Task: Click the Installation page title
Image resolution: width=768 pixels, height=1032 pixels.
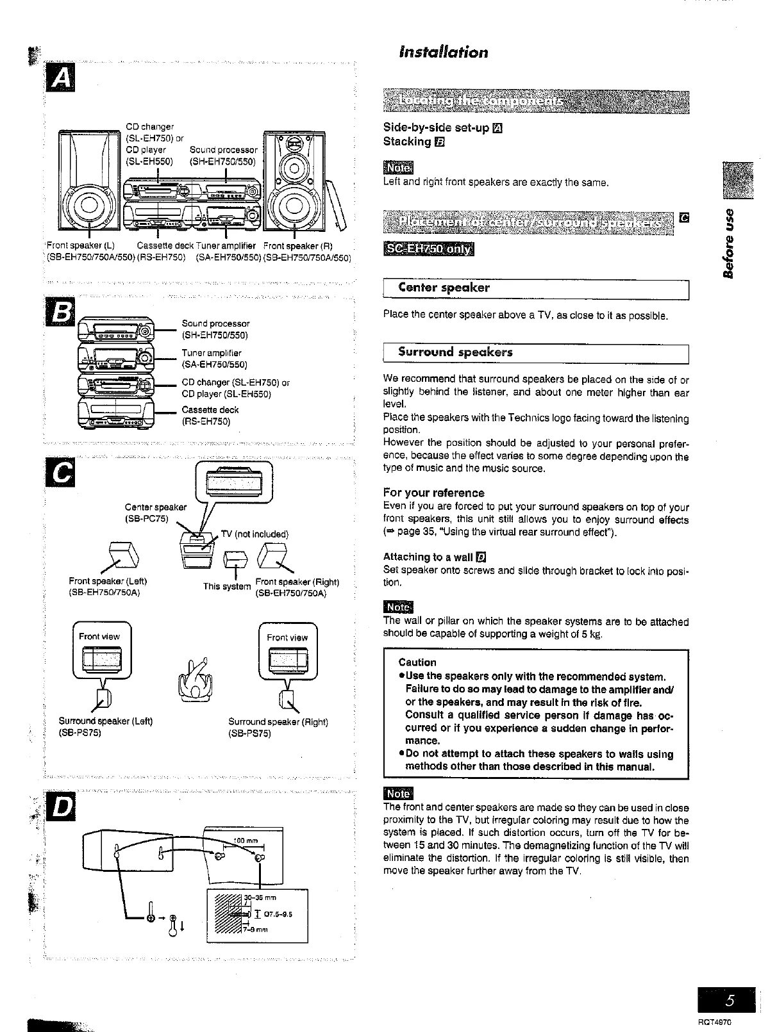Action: pos(443,52)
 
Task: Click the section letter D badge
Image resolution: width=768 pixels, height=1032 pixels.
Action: pos(62,808)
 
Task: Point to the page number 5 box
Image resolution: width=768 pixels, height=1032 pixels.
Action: pos(729,1000)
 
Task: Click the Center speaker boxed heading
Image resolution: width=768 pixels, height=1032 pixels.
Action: pos(444,288)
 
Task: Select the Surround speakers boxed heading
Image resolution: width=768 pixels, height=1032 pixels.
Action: pos(455,352)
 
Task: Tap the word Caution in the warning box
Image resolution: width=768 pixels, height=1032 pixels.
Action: pos(417,662)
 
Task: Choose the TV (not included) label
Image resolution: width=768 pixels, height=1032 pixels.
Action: pos(255,534)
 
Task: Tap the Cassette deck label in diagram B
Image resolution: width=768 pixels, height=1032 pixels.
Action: pos(210,410)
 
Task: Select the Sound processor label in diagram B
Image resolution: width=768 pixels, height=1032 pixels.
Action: pos(215,324)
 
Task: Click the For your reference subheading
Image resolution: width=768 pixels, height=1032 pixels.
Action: pos(433,493)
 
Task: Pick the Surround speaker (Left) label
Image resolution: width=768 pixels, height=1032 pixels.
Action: pos(106,721)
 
